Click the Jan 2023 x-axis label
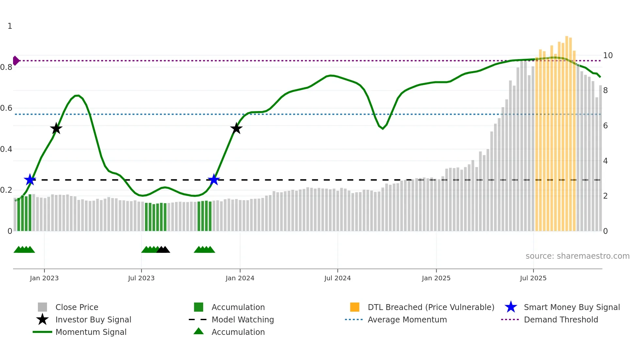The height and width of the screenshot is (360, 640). (x=44, y=278)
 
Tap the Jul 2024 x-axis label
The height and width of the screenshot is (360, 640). (x=337, y=278)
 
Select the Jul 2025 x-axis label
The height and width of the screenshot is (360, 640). (x=533, y=278)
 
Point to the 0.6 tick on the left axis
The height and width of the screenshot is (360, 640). (x=6, y=108)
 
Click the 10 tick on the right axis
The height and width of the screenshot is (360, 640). (x=608, y=56)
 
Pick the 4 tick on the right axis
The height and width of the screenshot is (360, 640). (x=605, y=161)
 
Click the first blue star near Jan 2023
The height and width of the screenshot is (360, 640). (x=30, y=180)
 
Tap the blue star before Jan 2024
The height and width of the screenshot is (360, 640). (x=214, y=180)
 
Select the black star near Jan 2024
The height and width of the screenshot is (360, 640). (x=236, y=128)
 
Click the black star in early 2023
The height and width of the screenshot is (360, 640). (x=56, y=128)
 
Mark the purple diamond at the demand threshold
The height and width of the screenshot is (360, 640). (x=16, y=61)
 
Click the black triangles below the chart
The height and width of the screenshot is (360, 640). (x=163, y=250)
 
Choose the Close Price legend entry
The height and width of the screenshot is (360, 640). (x=77, y=307)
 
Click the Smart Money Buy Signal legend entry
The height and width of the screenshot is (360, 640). (x=571, y=307)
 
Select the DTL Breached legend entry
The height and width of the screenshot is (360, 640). (x=431, y=307)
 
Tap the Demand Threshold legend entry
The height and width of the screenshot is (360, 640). (x=561, y=320)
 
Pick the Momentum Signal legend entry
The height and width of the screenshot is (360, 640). (x=91, y=332)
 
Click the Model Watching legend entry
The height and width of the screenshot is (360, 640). (x=243, y=320)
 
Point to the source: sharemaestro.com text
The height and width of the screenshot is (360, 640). (x=577, y=256)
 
